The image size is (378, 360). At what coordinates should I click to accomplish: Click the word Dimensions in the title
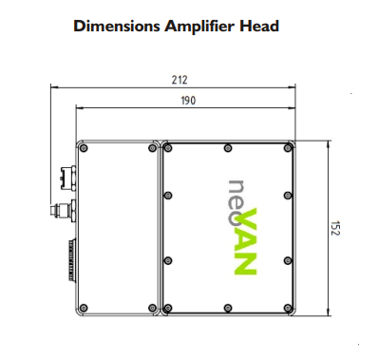click(117, 26)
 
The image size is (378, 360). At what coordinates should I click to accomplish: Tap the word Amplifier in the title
click(200, 27)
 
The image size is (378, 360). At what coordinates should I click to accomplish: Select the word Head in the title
click(259, 26)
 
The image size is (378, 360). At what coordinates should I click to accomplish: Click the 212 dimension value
click(180, 80)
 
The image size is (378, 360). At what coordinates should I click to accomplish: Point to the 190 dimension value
click(188, 101)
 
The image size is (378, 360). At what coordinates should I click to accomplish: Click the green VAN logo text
click(246, 241)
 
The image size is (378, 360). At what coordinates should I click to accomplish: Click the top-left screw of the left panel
click(84, 148)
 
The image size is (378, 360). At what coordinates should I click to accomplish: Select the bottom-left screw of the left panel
click(84, 308)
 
